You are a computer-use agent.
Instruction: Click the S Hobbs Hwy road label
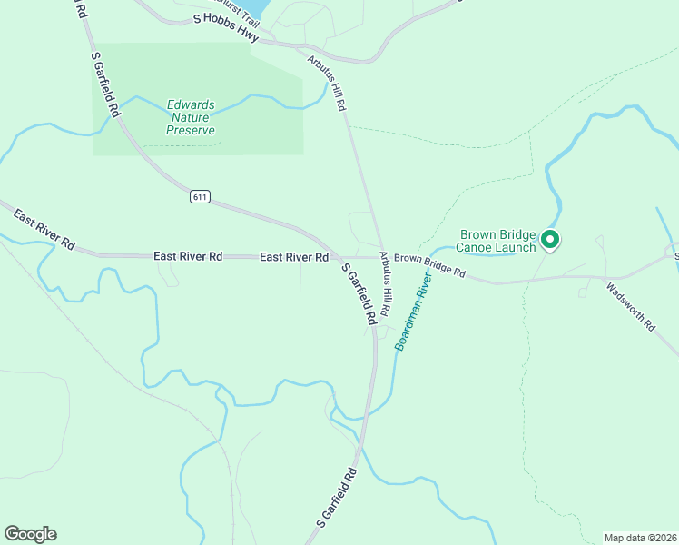click(226, 28)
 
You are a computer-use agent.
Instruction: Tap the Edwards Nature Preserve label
click(191, 117)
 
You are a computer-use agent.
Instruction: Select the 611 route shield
click(200, 196)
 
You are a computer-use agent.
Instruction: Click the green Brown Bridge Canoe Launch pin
click(550, 240)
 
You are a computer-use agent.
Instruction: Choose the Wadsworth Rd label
click(630, 307)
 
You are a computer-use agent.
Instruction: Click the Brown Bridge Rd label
click(429, 266)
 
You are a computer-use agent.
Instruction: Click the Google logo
click(30, 534)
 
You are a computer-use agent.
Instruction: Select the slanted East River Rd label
click(44, 229)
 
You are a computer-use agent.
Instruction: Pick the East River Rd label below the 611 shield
click(188, 257)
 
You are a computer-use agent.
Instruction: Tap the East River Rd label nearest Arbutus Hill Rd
click(293, 258)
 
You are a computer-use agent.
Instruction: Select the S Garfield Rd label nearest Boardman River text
click(358, 294)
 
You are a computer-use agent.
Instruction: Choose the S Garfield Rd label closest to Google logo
click(337, 498)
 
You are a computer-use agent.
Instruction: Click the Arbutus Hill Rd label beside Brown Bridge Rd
click(385, 283)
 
